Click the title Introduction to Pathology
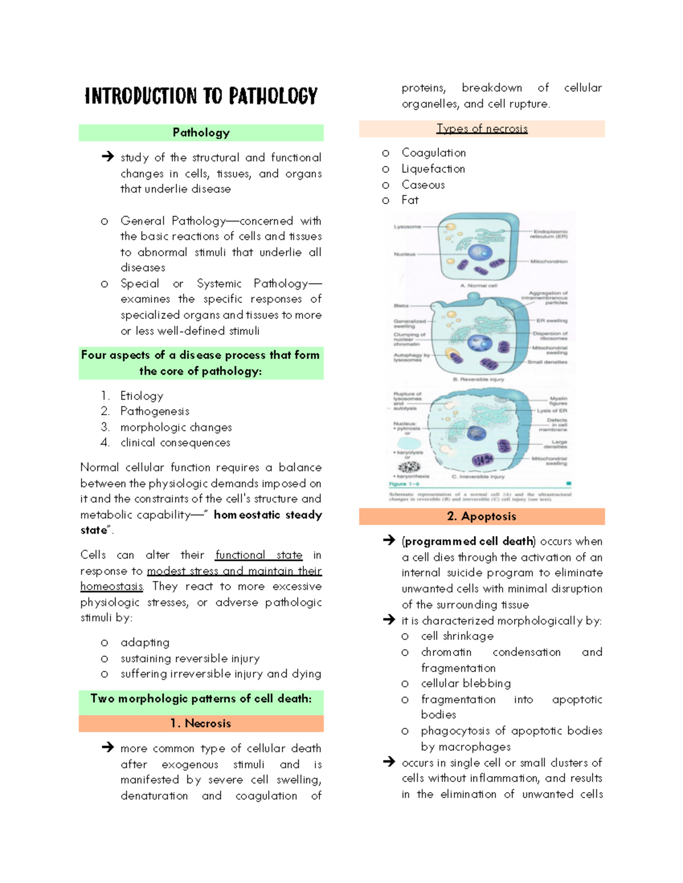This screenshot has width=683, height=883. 201,96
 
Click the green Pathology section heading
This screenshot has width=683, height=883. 201,132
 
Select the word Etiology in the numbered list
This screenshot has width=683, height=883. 142,396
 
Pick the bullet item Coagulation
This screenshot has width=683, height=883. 434,153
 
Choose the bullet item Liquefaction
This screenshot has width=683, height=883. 433,169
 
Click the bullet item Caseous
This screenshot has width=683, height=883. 423,185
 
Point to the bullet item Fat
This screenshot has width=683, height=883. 410,200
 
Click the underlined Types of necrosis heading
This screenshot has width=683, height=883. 482,128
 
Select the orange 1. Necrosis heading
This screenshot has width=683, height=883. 201,723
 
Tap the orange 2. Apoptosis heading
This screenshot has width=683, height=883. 482,516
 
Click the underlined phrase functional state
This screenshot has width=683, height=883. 258,555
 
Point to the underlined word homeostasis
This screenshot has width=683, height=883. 112,586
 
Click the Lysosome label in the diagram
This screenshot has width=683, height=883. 407,227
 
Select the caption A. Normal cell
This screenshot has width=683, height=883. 479,285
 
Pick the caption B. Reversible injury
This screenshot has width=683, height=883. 478,379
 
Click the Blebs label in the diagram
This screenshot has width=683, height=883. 401,306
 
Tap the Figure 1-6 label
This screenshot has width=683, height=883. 404,484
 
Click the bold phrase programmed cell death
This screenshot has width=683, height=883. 469,541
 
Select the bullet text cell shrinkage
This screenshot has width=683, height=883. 457,636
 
